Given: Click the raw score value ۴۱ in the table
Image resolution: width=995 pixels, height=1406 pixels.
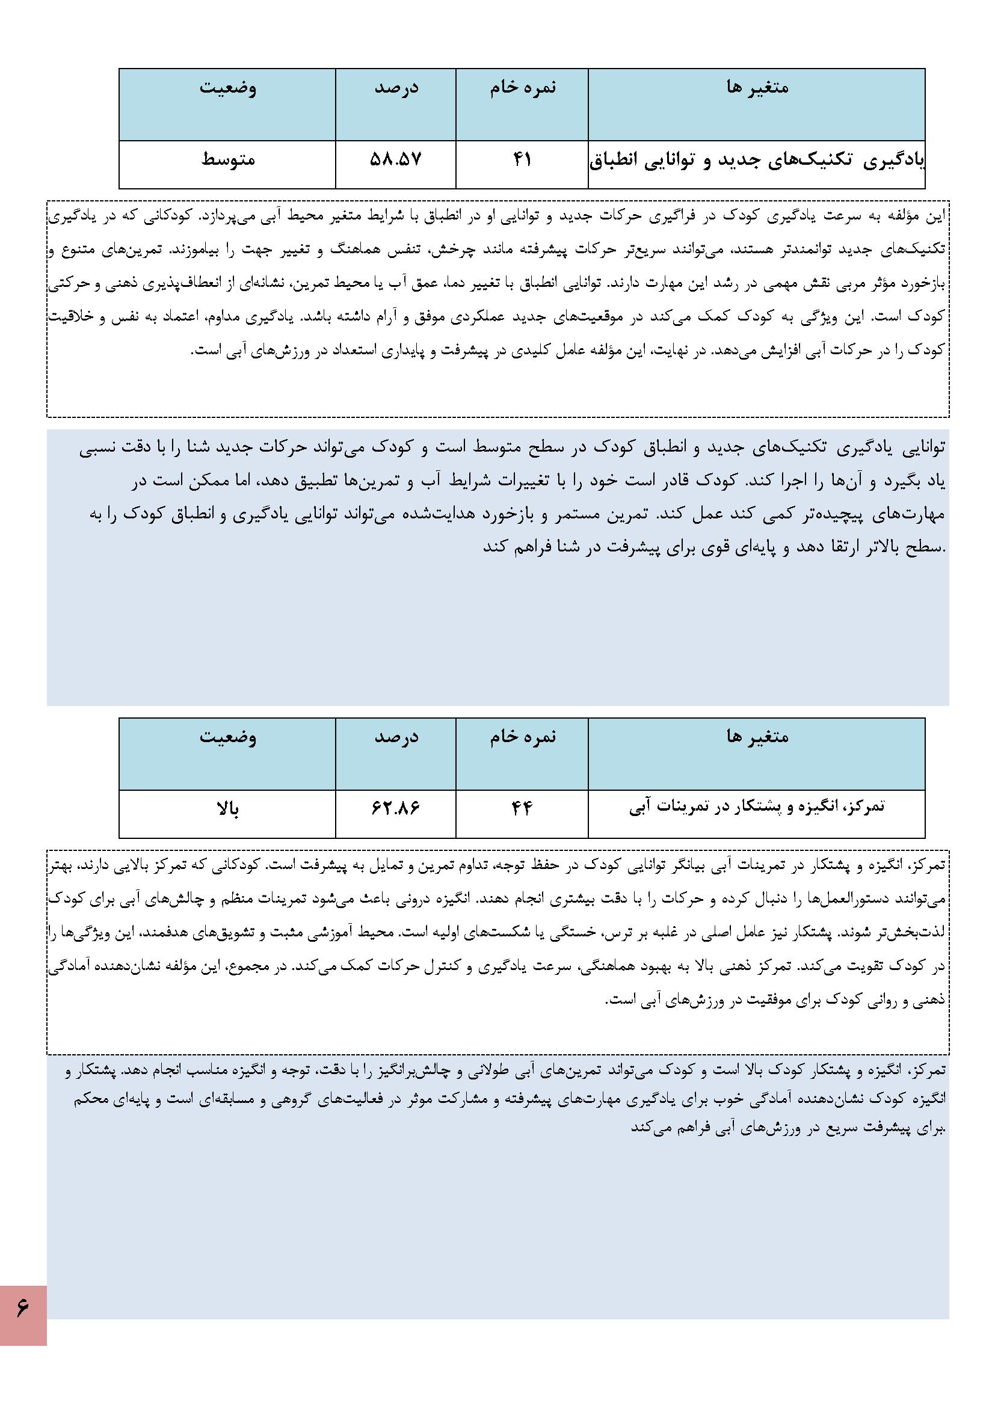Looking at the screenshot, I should (x=522, y=160).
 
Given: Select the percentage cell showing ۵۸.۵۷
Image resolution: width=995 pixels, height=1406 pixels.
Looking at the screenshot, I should (x=396, y=160).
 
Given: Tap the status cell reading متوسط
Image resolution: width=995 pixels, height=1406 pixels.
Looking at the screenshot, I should (x=228, y=160).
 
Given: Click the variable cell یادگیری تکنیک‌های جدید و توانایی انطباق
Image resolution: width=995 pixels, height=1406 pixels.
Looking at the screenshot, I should (x=756, y=161).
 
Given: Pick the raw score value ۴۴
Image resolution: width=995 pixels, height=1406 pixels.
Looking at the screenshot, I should (x=522, y=809).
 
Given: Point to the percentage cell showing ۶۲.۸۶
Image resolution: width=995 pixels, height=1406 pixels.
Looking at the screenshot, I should (x=396, y=809).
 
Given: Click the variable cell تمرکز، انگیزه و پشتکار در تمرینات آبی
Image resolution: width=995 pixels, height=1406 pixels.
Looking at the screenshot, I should (x=757, y=808).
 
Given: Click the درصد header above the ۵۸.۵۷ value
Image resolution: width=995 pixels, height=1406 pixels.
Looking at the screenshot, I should (x=396, y=88).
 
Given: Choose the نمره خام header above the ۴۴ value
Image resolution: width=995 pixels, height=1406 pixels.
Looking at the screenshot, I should (x=522, y=737).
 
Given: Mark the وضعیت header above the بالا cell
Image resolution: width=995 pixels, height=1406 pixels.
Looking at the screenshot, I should (x=228, y=737).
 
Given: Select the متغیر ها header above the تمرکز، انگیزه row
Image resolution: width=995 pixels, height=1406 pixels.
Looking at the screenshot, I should (x=757, y=737).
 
